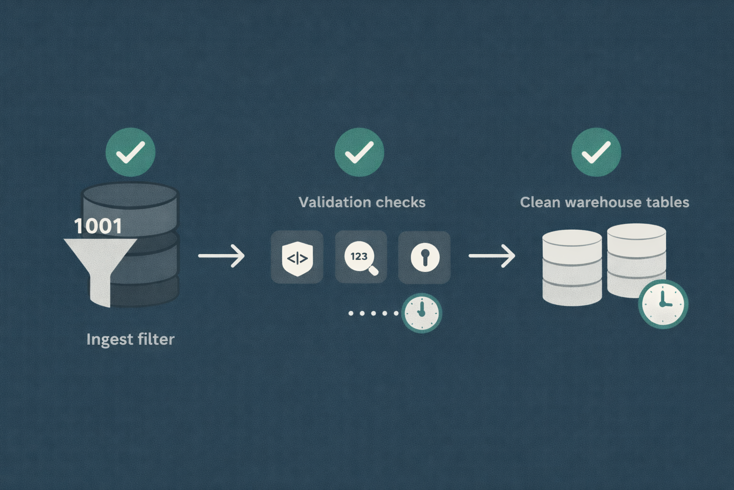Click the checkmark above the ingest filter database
click(130, 152)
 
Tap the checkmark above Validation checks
click(359, 152)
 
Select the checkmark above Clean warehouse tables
click(596, 152)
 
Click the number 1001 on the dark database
click(98, 226)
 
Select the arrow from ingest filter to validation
click(221, 256)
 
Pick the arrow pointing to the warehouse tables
click(492, 256)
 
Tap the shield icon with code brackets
click(297, 257)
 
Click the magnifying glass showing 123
click(361, 258)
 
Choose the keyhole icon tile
click(425, 257)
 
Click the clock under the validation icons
click(421, 313)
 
